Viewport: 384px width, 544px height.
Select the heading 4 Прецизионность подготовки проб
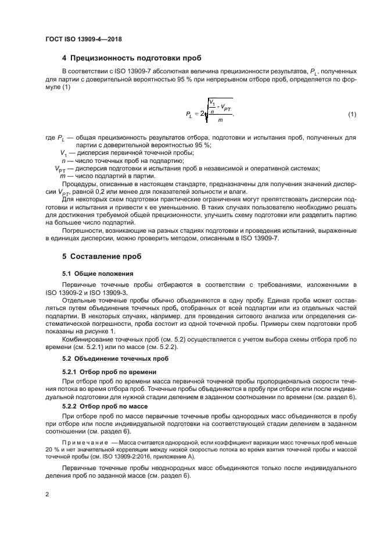(132, 58)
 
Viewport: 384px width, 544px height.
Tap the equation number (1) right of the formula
(351, 114)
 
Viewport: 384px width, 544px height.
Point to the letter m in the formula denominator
(220, 120)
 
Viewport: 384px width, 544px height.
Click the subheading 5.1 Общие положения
(98, 273)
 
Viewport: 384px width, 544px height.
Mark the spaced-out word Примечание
(83, 443)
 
